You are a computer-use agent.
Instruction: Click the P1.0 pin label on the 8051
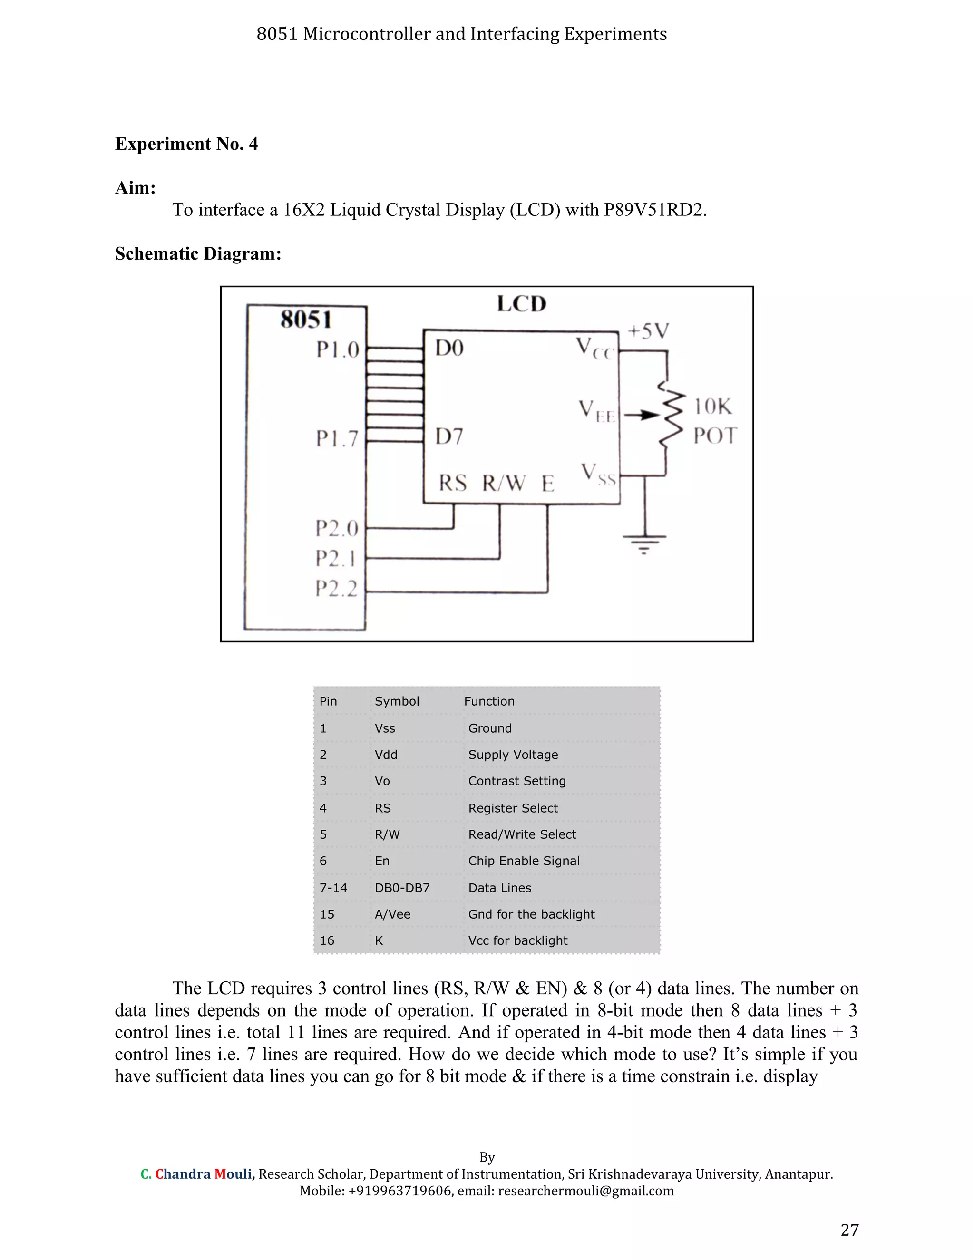tap(338, 349)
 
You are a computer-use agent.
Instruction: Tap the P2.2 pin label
tap(336, 589)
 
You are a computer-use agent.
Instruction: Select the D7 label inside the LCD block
tap(449, 437)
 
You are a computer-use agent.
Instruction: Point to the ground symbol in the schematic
tap(644, 543)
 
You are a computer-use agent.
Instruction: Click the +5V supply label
tap(648, 331)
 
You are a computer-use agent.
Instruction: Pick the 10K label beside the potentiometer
tap(712, 407)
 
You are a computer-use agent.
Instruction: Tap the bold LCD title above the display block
tap(522, 304)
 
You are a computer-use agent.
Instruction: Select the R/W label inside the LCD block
tap(504, 483)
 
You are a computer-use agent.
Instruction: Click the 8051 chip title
tap(306, 320)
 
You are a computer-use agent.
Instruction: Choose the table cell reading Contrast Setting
tap(517, 781)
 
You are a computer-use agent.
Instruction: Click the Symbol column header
tap(397, 701)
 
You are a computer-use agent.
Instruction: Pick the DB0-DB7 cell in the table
tap(402, 888)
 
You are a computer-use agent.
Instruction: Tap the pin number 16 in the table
tap(327, 941)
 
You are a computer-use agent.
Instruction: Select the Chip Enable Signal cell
tap(524, 861)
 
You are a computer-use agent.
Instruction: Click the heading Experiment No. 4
tap(186, 144)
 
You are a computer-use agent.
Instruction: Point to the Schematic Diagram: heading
tap(198, 254)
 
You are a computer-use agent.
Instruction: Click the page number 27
tap(849, 1230)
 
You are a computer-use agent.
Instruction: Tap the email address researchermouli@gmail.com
tap(585, 1191)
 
